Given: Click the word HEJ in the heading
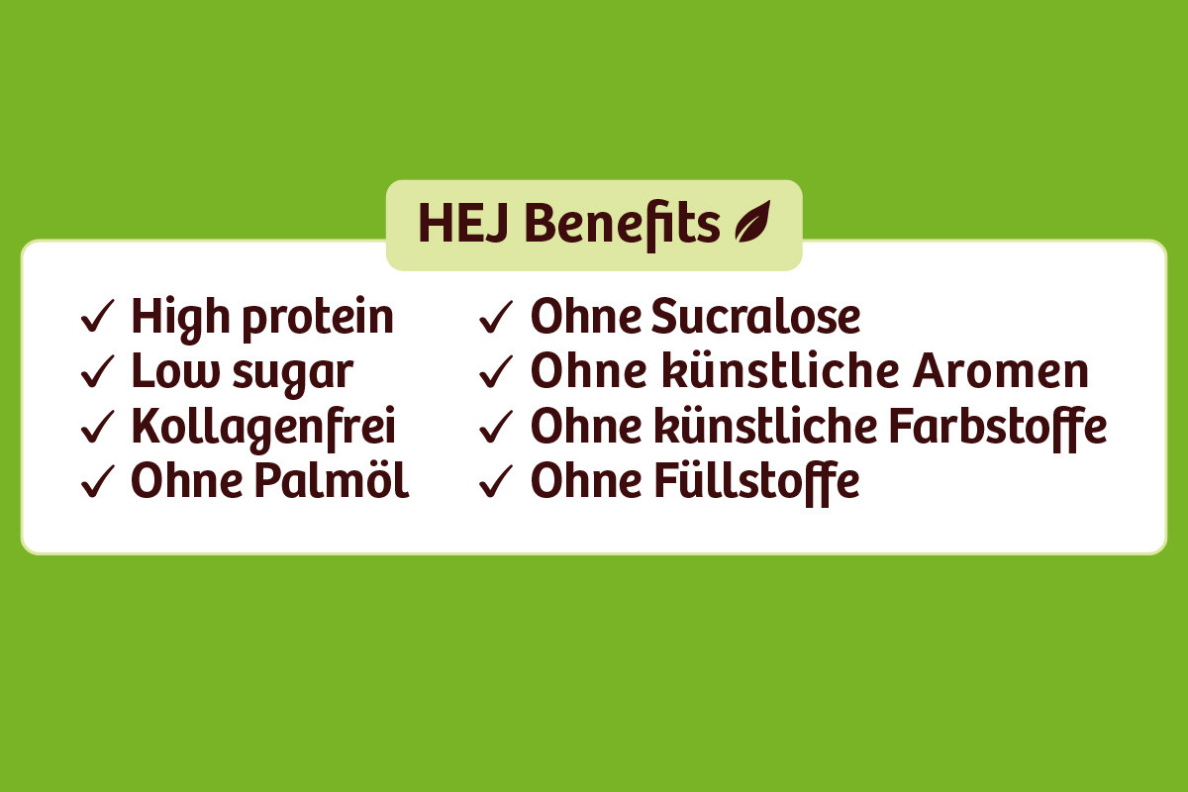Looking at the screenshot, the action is [463, 224].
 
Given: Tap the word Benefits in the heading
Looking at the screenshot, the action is [622, 225].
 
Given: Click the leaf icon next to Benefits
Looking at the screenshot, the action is [752, 222].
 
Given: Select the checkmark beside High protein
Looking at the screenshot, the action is [98, 316].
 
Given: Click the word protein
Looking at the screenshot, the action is [318, 319].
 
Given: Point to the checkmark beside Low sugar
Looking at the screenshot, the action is [98, 371].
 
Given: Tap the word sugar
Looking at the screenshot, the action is [293, 375].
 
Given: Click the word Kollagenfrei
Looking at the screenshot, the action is [263, 429].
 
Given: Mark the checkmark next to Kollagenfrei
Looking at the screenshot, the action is [98, 427].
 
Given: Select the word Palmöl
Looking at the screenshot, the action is [332, 479].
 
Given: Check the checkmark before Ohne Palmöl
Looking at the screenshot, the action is [98, 482].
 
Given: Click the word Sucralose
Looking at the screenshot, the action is [755, 316].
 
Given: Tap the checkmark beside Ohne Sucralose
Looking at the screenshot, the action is [496, 317].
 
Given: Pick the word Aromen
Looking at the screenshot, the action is [1000, 370].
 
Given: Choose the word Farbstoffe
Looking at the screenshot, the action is [997, 429].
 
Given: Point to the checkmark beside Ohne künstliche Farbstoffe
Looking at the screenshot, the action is [496, 427].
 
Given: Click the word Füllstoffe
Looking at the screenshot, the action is [756, 483].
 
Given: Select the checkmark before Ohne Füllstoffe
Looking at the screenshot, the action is [496, 482].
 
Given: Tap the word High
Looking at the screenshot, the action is [180, 319].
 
